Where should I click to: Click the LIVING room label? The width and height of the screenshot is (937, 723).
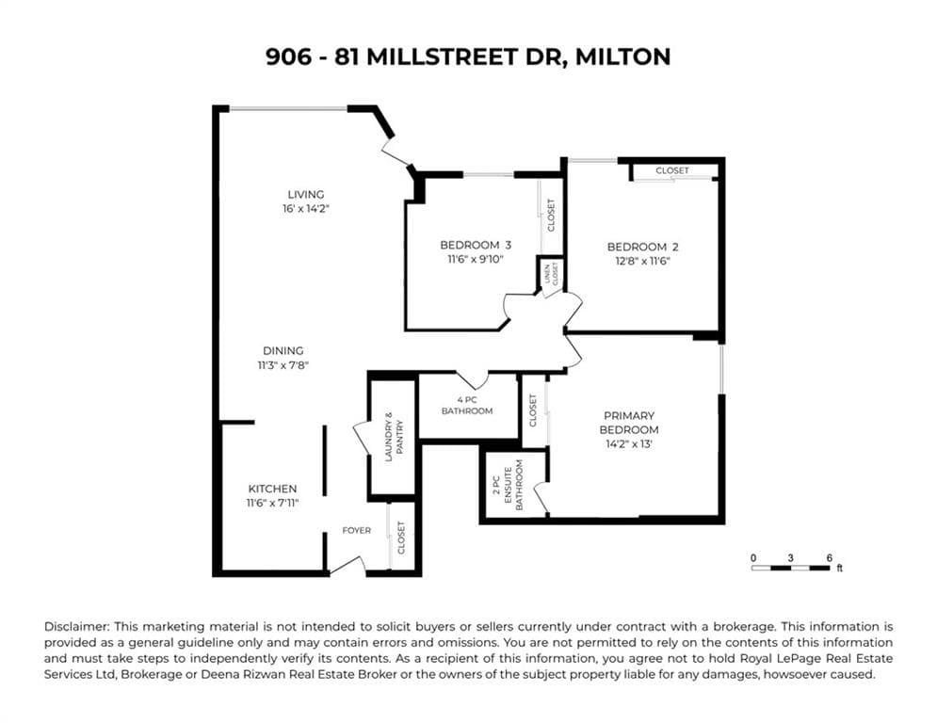(x=306, y=195)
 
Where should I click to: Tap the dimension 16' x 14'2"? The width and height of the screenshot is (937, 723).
(x=306, y=209)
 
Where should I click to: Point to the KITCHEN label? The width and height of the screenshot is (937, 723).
(x=272, y=489)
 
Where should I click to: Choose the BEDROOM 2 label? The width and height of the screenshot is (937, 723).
(x=642, y=247)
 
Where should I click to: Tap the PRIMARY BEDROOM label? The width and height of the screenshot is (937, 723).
(x=629, y=423)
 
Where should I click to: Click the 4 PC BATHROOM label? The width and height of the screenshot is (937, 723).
(x=467, y=405)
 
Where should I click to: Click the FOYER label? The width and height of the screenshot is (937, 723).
(x=356, y=530)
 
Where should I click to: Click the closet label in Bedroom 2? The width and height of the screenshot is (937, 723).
(x=672, y=170)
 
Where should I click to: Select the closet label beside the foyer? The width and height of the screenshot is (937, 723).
(x=401, y=537)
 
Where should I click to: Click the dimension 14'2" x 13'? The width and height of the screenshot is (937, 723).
(x=629, y=443)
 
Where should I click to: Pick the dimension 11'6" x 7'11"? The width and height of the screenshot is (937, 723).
(x=272, y=504)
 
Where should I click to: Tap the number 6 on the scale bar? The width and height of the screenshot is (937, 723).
(x=829, y=557)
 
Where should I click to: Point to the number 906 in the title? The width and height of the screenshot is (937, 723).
(x=285, y=56)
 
